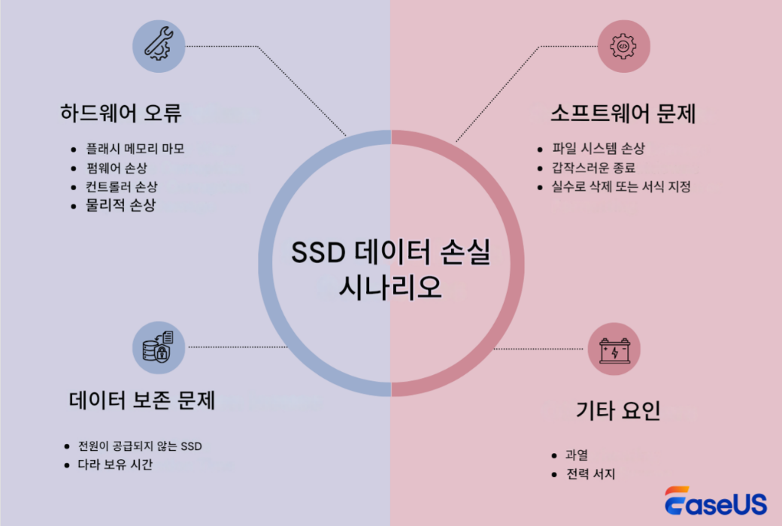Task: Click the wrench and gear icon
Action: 159,46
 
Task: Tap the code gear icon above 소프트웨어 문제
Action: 623,46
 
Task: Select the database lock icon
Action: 159,348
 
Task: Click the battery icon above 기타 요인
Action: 614,350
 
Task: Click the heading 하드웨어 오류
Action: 120,113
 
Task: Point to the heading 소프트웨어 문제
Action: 623,113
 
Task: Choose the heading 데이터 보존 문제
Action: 141,401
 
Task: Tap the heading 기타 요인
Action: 617,410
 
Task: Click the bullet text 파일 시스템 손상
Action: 598,149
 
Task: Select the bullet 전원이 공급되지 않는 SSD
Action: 140,446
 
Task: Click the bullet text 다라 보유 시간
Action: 115,464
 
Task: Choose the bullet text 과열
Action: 577,455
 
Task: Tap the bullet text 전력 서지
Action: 591,474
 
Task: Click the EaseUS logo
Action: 715,501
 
